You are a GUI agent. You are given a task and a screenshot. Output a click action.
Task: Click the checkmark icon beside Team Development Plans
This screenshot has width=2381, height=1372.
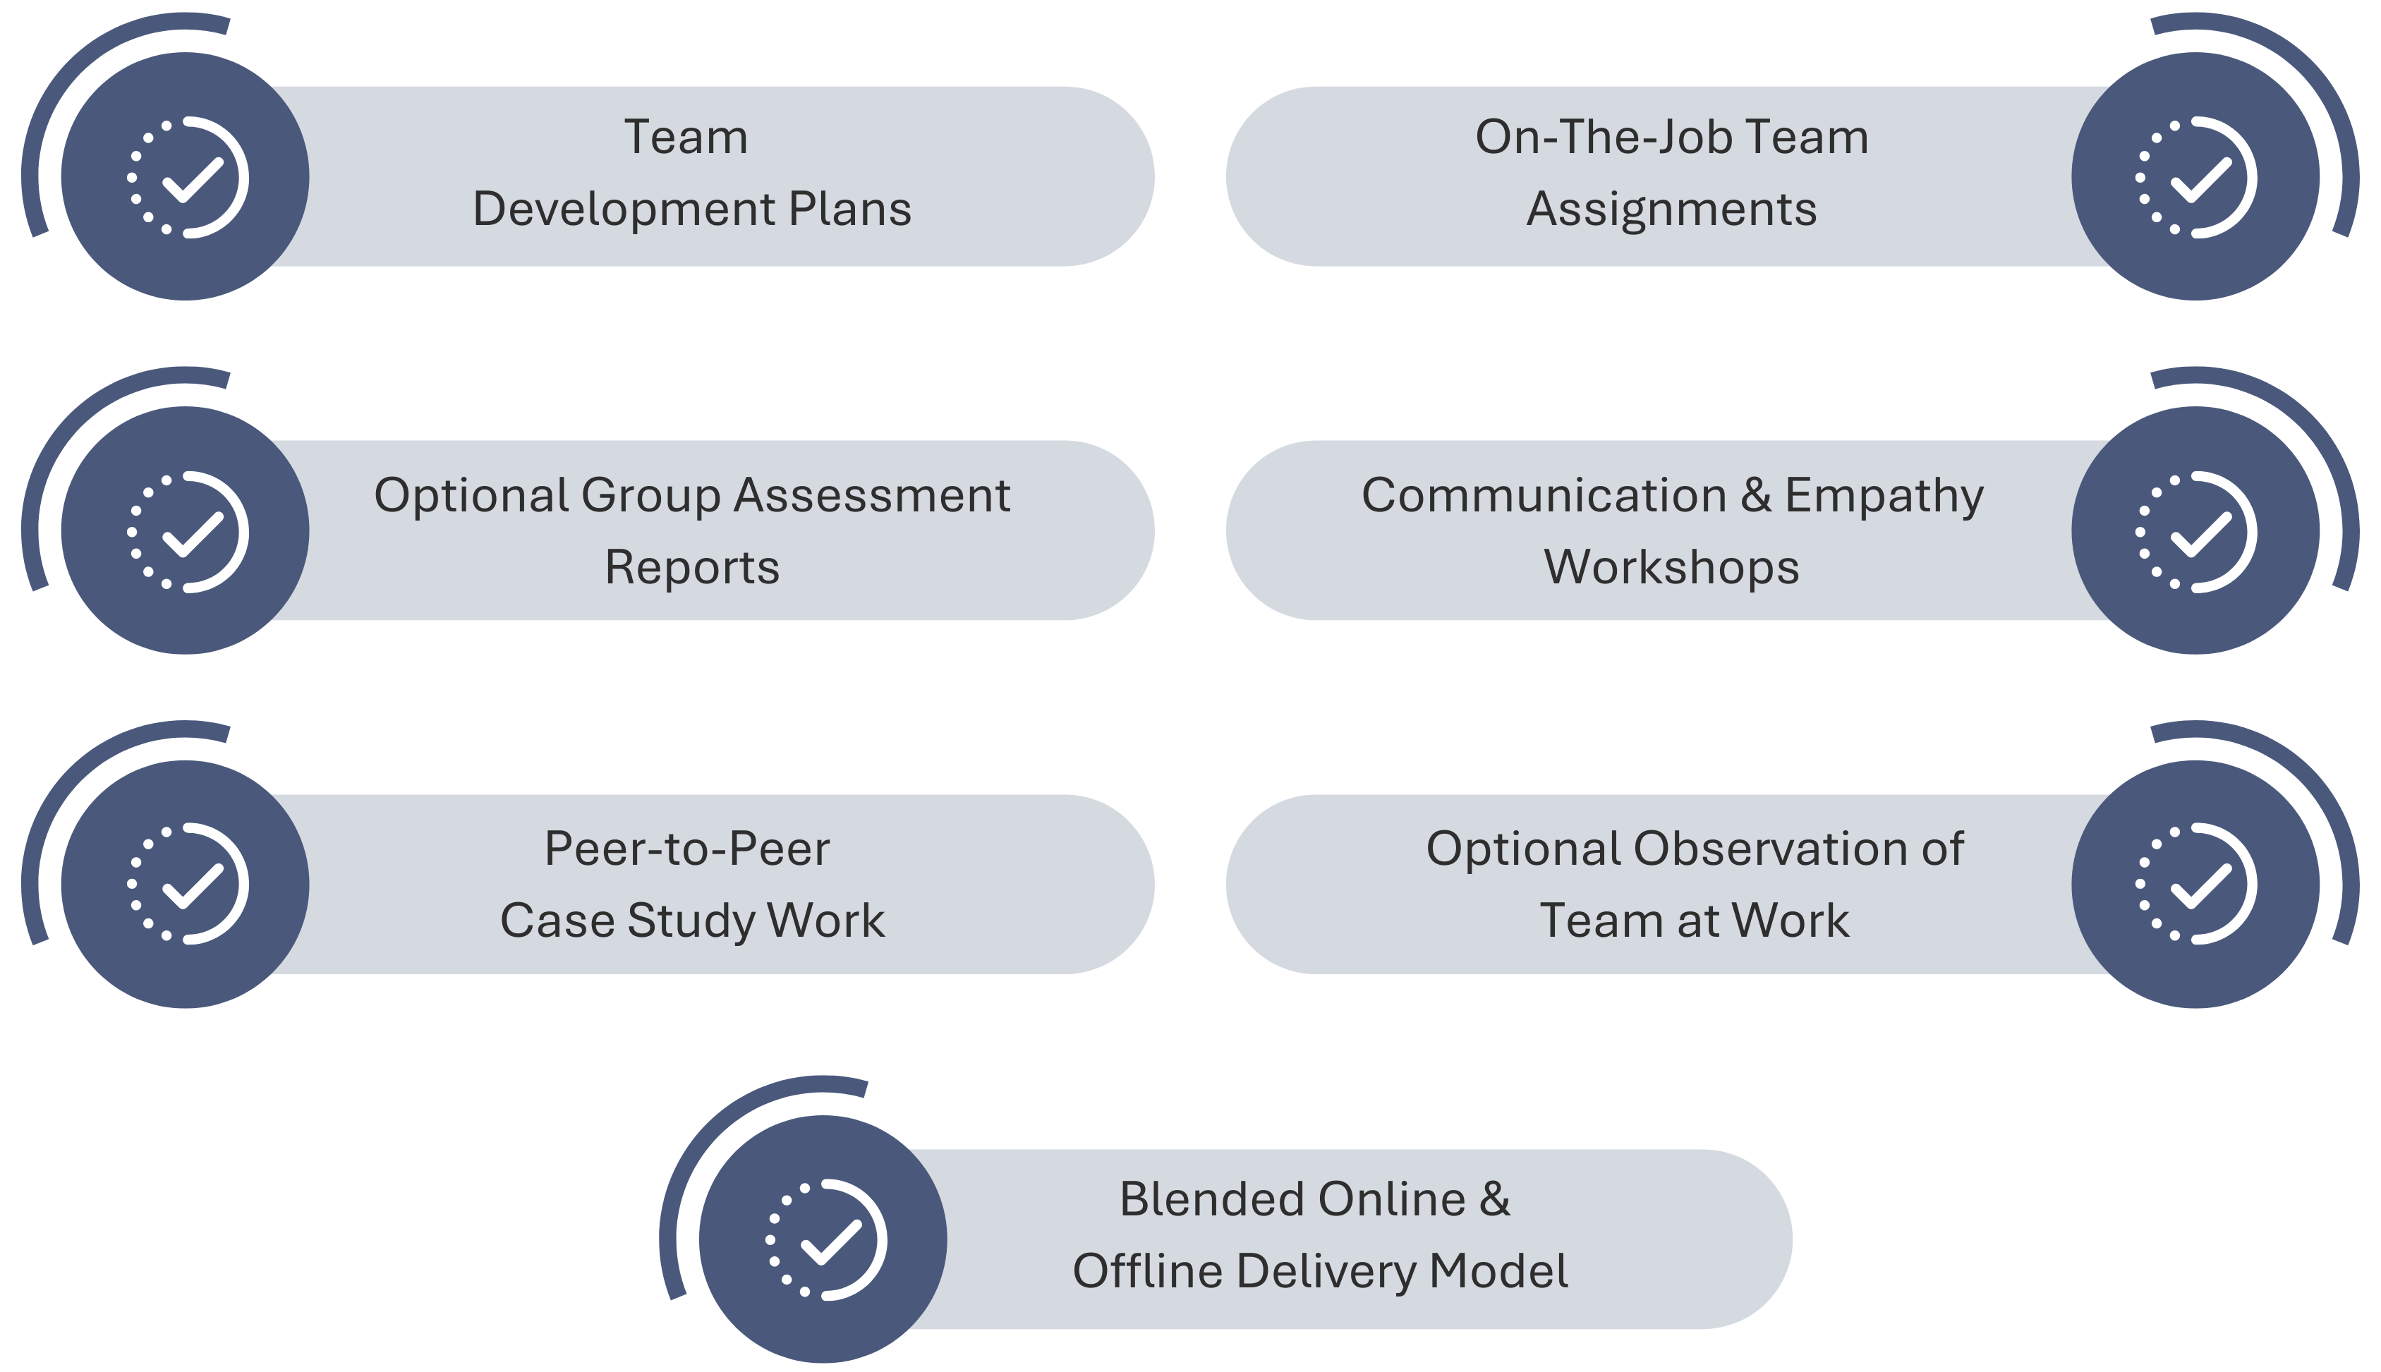click(x=188, y=177)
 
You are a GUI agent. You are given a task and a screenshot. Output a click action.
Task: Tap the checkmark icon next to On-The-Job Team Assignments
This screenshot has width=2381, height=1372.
click(x=2196, y=177)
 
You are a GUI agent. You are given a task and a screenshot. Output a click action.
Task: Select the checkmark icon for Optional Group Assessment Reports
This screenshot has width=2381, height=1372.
click(x=188, y=531)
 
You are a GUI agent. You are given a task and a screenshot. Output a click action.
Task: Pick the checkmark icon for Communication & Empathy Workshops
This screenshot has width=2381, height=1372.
click(x=2196, y=531)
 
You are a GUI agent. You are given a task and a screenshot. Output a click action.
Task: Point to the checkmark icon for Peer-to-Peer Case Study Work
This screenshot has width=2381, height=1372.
click(x=188, y=884)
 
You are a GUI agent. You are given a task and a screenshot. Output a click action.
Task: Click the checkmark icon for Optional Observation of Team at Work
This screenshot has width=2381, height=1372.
click(x=2196, y=884)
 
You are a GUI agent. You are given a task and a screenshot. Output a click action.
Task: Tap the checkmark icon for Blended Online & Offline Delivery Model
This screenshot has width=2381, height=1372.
click(x=826, y=1239)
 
